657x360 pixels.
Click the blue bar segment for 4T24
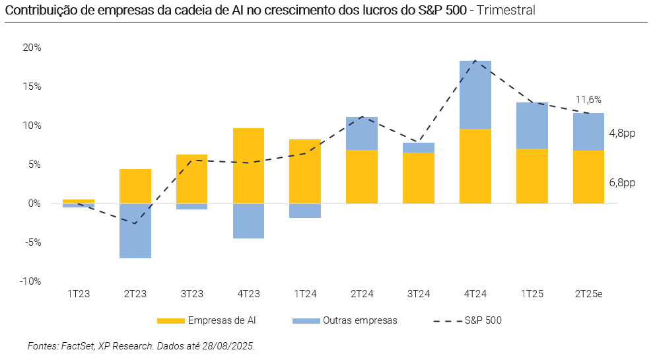point(475,94)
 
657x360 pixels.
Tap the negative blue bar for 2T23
point(135,231)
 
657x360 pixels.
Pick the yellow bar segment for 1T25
point(532,176)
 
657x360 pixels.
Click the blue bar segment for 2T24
point(362,133)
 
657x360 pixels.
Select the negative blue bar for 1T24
point(305,211)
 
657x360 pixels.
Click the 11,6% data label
point(588,100)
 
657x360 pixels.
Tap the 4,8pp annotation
point(622,133)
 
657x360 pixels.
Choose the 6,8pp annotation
point(622,183)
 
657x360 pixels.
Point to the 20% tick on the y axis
point(32,48)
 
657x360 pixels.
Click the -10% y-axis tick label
point(30,281)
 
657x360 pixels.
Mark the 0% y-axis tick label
point(34,203)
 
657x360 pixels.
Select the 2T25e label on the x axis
point(588,294)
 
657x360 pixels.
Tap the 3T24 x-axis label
point(419,294)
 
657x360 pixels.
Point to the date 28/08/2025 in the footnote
point(228,346)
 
